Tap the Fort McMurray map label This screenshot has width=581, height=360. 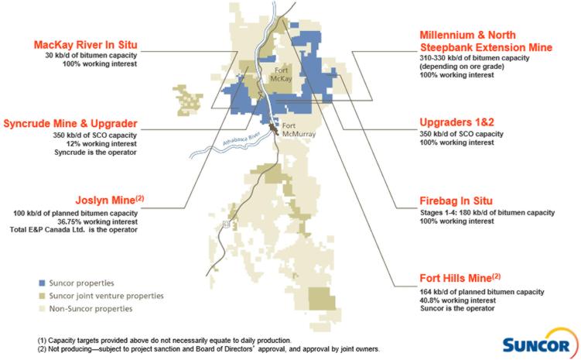point(296,129)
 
